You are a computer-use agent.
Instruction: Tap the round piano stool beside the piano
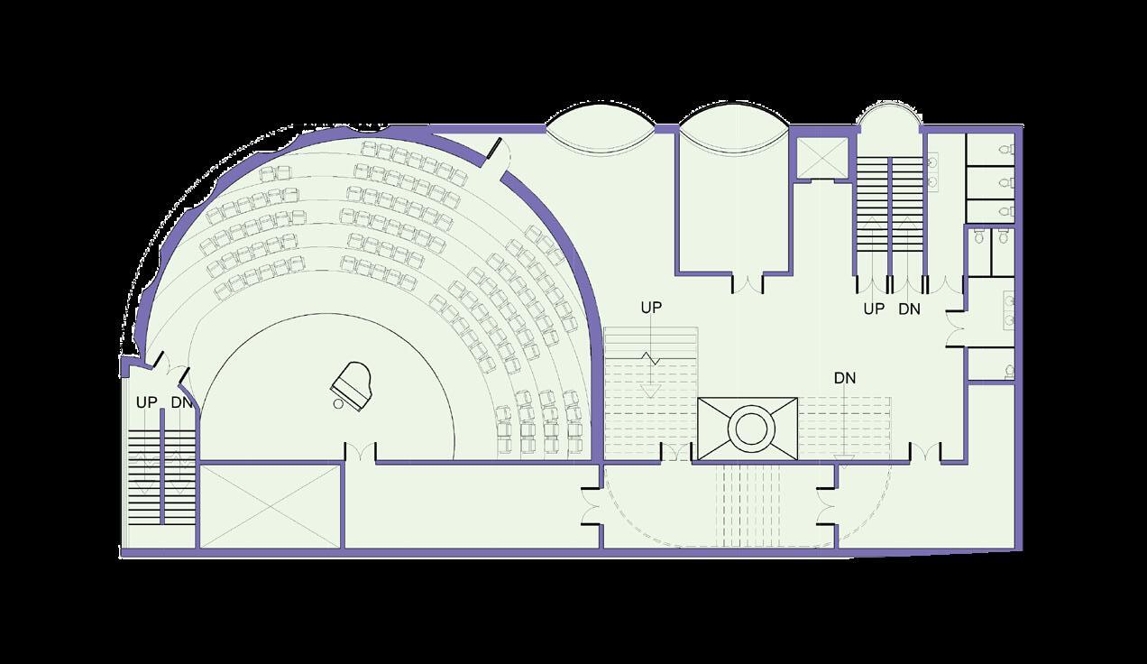point(338,405)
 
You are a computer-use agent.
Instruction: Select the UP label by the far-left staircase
point(147,401)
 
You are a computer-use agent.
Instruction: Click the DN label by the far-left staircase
point(181,401)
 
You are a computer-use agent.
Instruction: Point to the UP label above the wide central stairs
point(651,308)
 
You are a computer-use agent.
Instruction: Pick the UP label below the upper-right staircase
point(874,309)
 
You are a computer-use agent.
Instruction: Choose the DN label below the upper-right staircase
point(910,309)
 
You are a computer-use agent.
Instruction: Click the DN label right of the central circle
point(845,378)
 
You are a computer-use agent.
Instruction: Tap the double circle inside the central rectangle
point(748,428)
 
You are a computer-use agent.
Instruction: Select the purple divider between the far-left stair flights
point(161,469)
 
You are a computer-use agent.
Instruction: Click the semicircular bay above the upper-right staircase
point(888,118)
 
